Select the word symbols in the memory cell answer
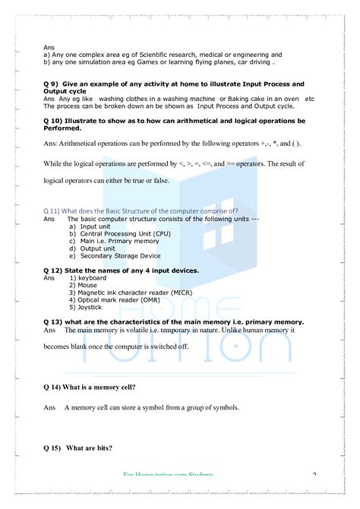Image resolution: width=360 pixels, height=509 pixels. (x=224, y=408)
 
